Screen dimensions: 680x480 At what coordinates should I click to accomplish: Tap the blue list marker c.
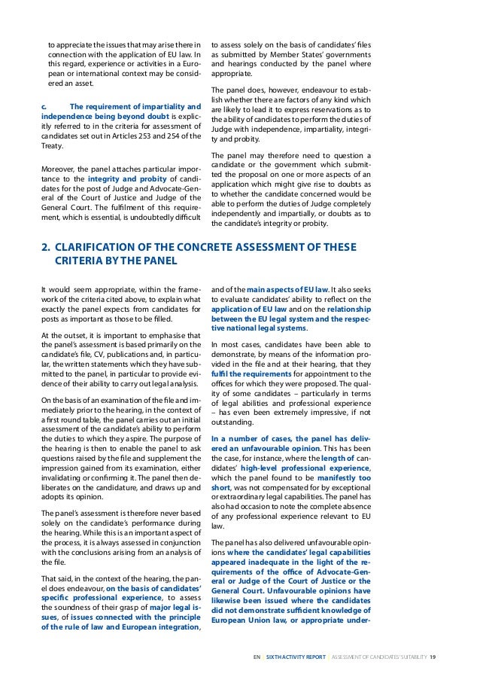click(x=44, y=105)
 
